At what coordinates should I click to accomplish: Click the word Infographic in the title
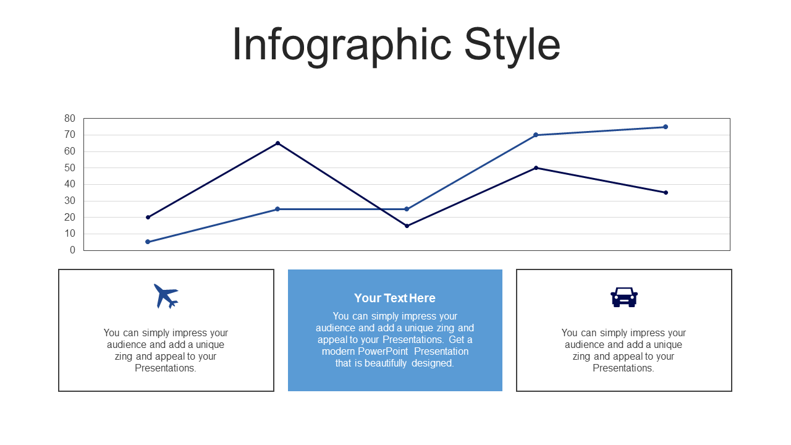pos(342,46)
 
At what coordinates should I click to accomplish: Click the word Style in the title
pos(512,46)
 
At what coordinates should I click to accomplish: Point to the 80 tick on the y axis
pos(70,118)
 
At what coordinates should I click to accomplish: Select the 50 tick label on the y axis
pos(70,167)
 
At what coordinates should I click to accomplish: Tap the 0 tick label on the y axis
pos(72,250)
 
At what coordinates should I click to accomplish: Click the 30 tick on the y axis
pos(70,201)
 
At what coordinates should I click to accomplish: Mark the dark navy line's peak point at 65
pos(277,143)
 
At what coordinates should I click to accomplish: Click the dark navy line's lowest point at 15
pos(407,226)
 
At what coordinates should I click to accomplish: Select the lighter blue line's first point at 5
pos(148,242)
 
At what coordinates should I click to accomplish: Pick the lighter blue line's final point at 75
pos(666,127)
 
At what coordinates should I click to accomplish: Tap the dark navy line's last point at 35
pos(666,192)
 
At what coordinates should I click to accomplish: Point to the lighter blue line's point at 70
pos(536,135)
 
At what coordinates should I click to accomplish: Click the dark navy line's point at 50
pos(536,167)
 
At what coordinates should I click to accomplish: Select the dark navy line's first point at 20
pos(148,217)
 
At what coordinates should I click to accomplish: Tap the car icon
pos(624,297)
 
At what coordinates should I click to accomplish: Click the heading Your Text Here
pos(395,298)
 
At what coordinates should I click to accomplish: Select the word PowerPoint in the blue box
pos(383,352)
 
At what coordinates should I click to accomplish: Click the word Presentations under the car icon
pos(624,368)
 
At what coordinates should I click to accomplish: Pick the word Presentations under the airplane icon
pos(165,368)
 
